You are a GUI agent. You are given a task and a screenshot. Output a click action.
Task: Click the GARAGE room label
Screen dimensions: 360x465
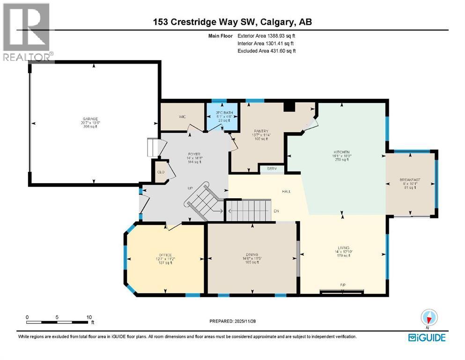[x=95, y=119]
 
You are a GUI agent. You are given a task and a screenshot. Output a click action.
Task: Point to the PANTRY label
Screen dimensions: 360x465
[x=260, y=132]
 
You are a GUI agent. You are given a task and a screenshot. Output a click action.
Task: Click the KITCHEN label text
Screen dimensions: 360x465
[x=341, y=153]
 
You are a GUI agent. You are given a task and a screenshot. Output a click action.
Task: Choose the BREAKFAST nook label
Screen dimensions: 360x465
[x=410, y=180]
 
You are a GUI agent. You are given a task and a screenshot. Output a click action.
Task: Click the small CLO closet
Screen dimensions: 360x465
[x=161, y=172]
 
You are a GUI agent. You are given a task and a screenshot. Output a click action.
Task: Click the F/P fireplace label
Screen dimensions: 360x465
[x=343, y=285]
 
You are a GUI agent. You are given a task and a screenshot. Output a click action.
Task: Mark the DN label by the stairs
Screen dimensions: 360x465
[x=277, y=211]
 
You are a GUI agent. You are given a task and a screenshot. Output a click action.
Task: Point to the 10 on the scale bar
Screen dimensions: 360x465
[x=89, y=317]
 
